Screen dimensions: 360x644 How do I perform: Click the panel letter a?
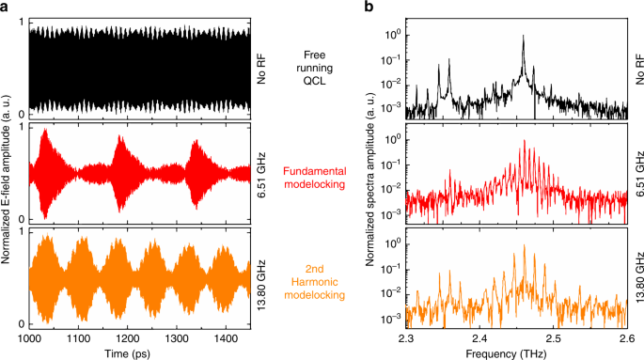pos(6,8)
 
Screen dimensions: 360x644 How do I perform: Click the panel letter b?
pos(369,8)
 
